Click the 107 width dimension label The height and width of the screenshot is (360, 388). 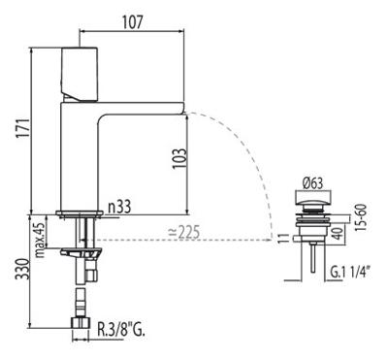tap(132, 22)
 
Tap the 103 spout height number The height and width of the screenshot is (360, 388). tap(178, 158)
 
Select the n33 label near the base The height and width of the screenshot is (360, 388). tap(119, 207)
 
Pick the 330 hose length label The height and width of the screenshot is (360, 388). tap(23, 269)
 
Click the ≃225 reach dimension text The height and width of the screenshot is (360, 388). tap(183, 232)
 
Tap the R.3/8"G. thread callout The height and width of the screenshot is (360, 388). tap(121, 331)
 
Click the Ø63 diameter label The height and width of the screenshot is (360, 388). tap(312, 183)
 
